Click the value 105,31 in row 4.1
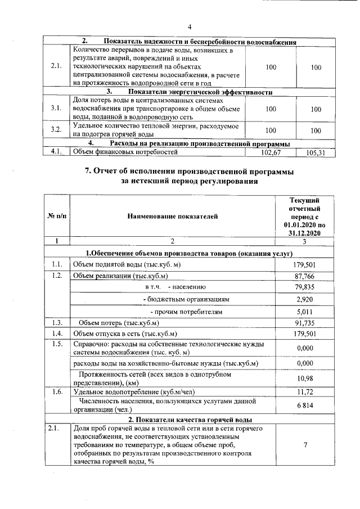[x=316, y=152]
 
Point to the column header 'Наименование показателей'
[x=172, y=216]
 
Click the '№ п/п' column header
[x=56, y=216]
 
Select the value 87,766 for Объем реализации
[x=304, y=276]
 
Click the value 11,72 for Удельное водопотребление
[x=304, y=391]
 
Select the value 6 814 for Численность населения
[x=304, y=406]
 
